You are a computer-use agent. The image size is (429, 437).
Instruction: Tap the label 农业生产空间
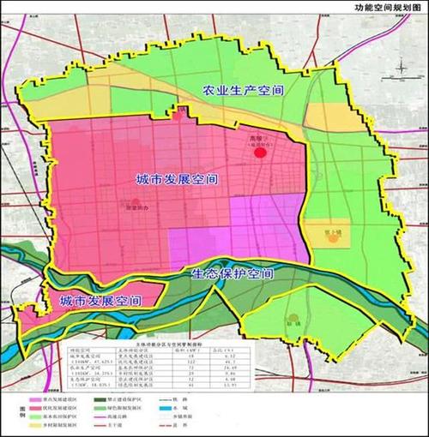243,88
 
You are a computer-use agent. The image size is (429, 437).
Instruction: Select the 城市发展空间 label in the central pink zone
177,181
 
